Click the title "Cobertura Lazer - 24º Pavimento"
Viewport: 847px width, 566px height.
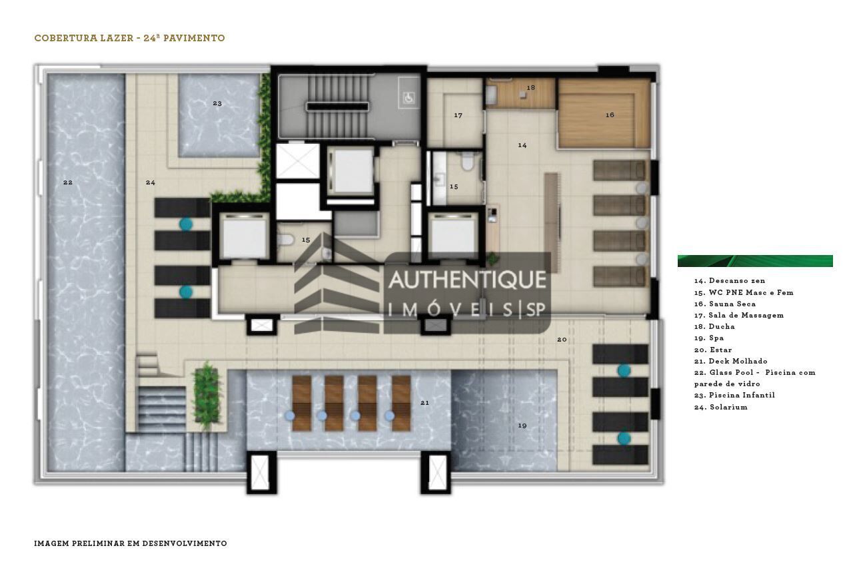click(129, 38)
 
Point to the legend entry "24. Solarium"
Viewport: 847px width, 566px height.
click(720, 407)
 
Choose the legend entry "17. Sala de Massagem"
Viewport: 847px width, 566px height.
click(738, 315)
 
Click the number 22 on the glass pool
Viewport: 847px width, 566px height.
click(68, 182)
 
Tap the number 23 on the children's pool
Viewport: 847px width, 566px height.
click(217, 103)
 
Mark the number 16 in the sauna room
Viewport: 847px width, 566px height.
click(610, 115)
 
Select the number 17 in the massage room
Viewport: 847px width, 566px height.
click(458, 116)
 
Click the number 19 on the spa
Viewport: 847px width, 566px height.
click(522, 425)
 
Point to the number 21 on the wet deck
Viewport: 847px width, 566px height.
click(424, 402)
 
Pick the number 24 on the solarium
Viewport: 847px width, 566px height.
click(151, 182)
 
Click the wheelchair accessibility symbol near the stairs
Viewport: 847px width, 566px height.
click(407, 98)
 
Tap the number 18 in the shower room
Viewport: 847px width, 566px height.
click(530, 88)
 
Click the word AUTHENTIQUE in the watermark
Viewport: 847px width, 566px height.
click(467, 280)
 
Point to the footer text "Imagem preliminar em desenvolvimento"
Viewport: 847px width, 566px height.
click(131, 543)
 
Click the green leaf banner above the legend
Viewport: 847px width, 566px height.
click(754, 261)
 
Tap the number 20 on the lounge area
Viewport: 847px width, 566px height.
click(562, 340)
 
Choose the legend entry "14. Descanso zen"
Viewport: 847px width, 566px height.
click(729, 281)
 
